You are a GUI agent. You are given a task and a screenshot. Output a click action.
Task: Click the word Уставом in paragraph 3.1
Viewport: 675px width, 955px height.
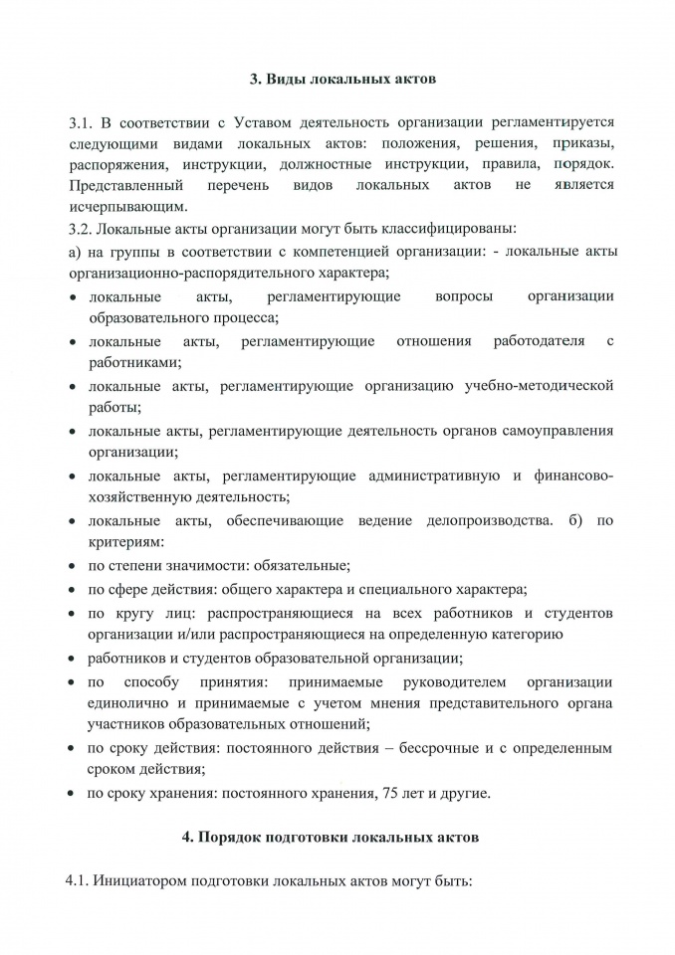point(266,123)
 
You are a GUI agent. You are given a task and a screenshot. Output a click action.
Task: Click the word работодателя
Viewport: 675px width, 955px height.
point(539,341)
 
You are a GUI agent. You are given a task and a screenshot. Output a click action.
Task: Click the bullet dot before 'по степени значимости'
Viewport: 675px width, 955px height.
point(74,566)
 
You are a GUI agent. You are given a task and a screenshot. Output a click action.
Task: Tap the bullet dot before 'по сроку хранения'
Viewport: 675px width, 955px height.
point(74,794)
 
